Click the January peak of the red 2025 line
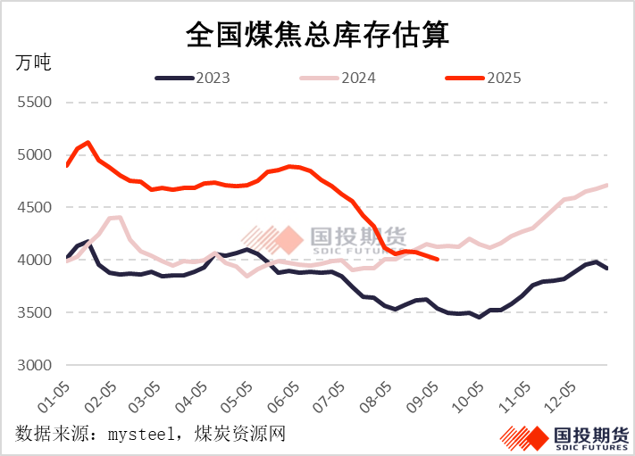(x=88, y=142)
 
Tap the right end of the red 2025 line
(x=436, y=260)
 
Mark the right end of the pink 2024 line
(x=607, y=186)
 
